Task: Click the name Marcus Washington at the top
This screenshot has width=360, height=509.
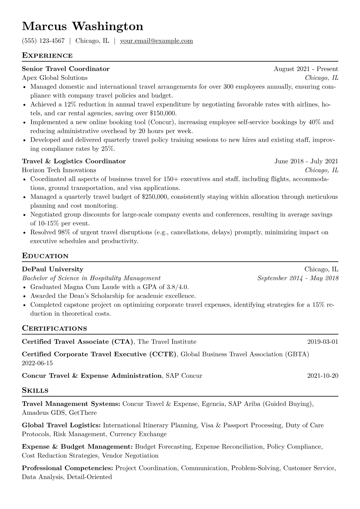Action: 82,27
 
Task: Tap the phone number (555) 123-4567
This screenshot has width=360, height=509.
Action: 43,41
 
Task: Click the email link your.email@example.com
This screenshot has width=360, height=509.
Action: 156,41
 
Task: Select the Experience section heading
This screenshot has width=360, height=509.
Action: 47,56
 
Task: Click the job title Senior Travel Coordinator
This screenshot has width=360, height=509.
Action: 66,69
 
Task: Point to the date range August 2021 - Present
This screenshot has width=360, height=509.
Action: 306,69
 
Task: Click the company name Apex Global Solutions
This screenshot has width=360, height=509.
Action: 55,78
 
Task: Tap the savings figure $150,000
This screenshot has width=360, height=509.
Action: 163,113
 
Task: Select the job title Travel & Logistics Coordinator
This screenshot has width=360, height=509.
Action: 74,161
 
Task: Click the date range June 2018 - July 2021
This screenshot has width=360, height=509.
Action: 306,161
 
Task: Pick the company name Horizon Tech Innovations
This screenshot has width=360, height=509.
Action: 59,170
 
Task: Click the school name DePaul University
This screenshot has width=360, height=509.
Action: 53,269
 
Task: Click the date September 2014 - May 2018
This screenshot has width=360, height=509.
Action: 298,278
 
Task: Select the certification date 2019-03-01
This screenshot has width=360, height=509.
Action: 322,342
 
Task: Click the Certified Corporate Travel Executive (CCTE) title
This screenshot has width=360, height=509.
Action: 99,354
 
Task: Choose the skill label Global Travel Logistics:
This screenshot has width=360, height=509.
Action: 61,425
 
